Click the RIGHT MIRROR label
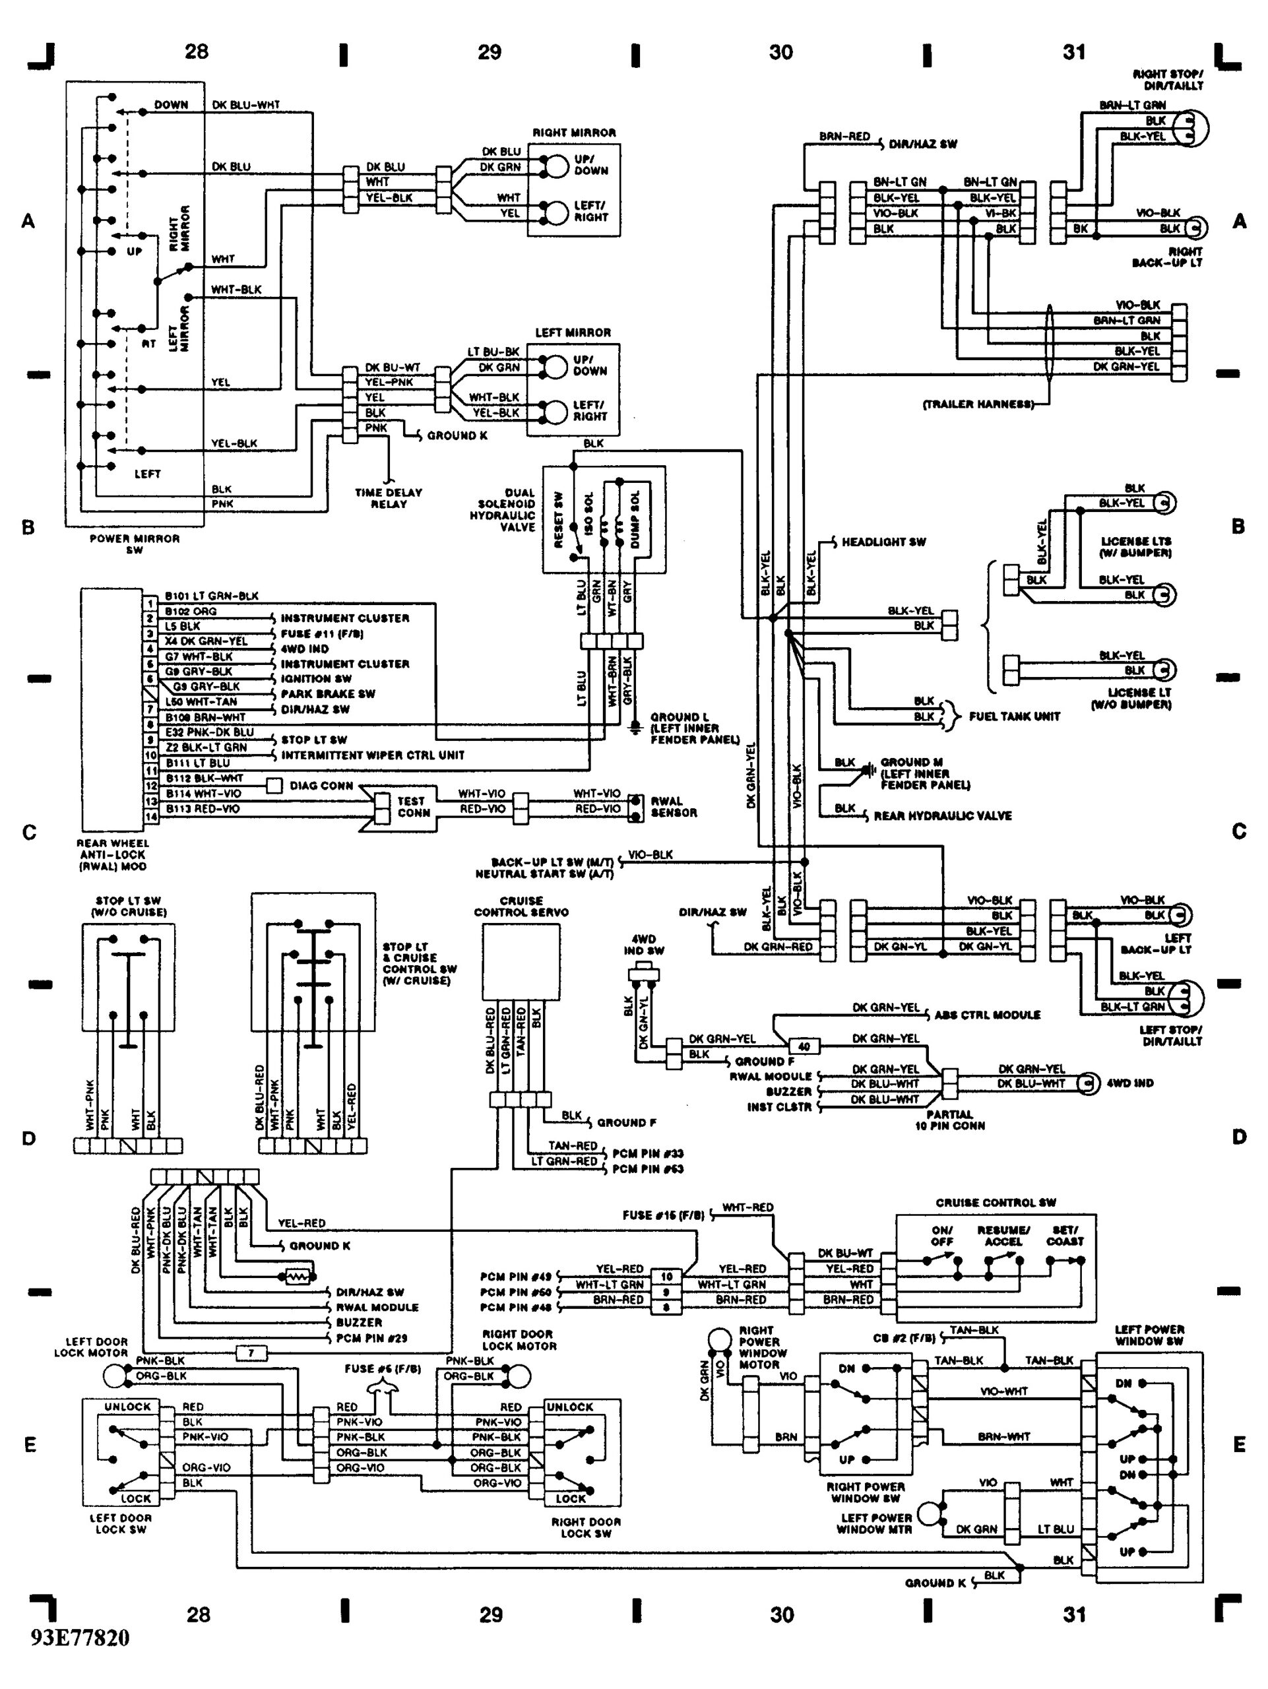[574, 133]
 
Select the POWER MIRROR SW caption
[135, 544]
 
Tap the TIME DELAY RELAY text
[388, 498]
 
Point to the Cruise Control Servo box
[521, 961]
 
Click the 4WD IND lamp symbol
[1085, 1083]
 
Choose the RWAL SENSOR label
[674, 807]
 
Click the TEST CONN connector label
[412, 806]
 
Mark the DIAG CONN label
[321, 786]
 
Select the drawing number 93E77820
[80, 1659]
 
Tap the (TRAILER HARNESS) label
[978, 404]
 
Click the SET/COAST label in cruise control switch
[1064, 1236]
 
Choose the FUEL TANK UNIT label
[1014, 717]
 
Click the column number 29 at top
[490, 52]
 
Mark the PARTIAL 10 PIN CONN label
[949, 1120]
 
